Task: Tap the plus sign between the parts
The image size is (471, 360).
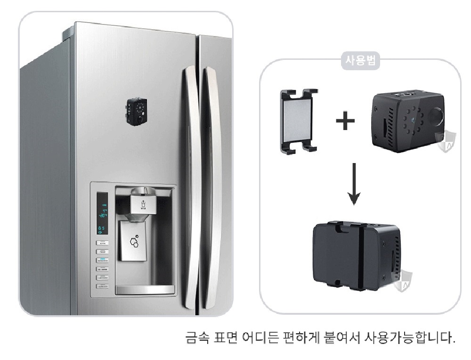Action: [345, 122]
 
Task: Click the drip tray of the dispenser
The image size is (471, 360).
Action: [145, 289]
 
